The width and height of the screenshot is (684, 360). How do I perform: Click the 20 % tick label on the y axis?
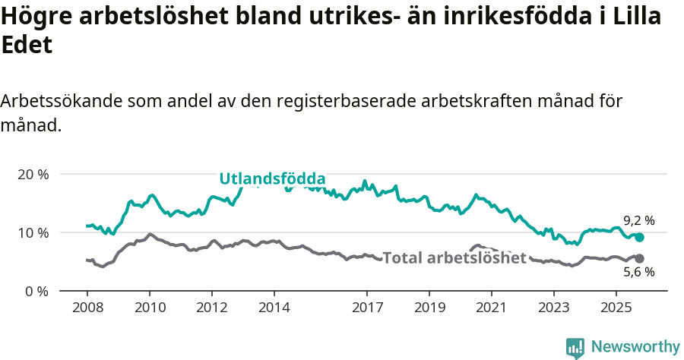click(33, 174)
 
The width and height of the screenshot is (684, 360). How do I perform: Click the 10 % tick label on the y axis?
click(33, 232)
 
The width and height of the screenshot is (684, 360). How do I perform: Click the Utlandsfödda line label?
click(272, 178)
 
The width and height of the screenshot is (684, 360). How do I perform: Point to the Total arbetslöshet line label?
click(454, 257)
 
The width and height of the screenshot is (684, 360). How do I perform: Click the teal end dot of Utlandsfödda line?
click(640, 237)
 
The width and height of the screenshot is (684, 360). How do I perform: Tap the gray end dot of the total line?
click(640, 258)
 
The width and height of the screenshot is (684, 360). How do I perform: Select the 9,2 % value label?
click(638, 220)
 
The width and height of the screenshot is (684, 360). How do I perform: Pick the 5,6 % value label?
click(638, 273)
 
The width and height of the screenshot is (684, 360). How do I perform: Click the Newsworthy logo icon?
click(575, 347)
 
